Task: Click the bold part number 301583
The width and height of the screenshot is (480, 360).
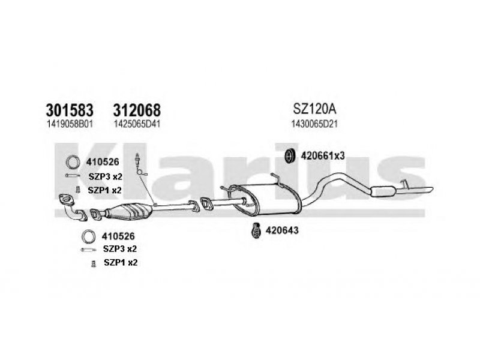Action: pos(70,110)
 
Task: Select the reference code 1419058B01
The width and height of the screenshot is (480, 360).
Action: pos(70,124)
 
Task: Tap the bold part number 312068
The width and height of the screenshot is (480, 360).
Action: pos(137,110)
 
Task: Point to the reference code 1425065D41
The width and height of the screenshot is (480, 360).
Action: pos(137,124)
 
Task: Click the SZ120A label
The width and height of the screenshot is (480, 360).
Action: pos(314,109)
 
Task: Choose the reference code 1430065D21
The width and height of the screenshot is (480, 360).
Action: pos(314,124)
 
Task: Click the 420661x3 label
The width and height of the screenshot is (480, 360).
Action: pos(323,156)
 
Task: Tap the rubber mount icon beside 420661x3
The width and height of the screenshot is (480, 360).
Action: pos(289,156)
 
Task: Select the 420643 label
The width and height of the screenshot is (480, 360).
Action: pos(282,230)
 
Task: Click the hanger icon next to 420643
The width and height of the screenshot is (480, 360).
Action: pos(256,230)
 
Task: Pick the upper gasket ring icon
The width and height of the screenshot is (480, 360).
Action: pos(73,162)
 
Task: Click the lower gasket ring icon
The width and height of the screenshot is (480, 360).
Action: pos(89,236)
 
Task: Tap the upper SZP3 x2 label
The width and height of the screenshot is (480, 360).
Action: pos(106,176)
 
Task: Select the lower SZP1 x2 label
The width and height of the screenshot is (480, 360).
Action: pos(121,262)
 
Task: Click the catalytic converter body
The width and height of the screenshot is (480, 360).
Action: pos(128,212)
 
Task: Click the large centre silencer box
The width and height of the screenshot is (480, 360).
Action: pos(265,200)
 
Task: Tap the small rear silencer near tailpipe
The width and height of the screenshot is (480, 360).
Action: pos(383,191)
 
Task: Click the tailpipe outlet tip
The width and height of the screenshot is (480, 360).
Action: pos(431,190)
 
